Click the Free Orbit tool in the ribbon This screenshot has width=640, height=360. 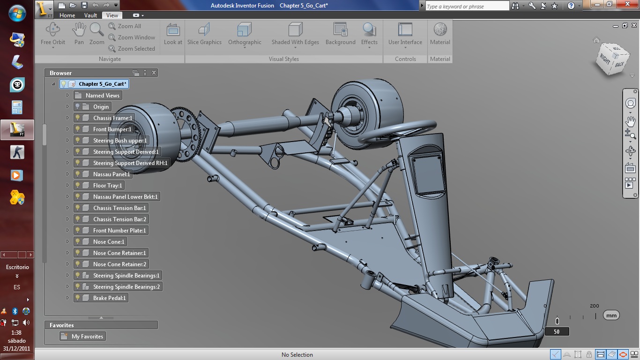pyautogui.click(x=52, y=34)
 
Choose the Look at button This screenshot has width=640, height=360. pyautogui.click(x=173, y=34)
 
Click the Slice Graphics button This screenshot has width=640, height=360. pyautogui.click(x=204, y=34)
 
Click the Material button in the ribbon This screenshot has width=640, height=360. pyautogui.click(x=440, y=34)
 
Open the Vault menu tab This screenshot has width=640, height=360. pyautogui.click(x=90, y=15)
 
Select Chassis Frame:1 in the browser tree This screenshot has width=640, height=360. pyautogui.click(x=112, y=118)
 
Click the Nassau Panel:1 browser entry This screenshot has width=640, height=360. pyautogui.click(x=111, y=174)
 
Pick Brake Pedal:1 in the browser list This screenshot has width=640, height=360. pyautogui.click(x=109, y=298)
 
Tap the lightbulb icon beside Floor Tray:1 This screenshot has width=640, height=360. pyautogui.click(x=78, y=186)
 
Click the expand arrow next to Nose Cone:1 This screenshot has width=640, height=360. pyautogui.click(x=67, y=242)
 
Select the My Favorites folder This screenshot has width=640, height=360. pyautogui.click(x=87, y=337)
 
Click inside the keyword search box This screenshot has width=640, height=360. pyautogui.click(x=466, y=6)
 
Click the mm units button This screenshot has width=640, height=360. pyautogui.click(x=611, y=315)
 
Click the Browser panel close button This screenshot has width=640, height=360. pyautogui.click(x=154, y=73)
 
